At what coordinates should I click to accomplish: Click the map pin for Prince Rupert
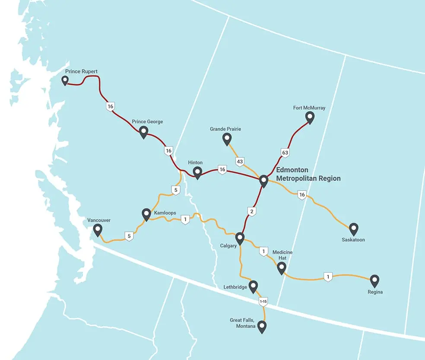[65, 80]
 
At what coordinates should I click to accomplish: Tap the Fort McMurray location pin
[310, 117]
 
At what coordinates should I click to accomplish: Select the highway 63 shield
[285, 153]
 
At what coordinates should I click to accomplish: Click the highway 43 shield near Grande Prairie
[240, 162]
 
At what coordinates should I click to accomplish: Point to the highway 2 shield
[252, 211]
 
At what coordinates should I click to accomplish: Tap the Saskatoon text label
[353, 240]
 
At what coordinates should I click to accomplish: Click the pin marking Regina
[374, 280]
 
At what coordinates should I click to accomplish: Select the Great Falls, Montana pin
[262, 327]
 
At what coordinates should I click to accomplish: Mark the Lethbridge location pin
[254, 286]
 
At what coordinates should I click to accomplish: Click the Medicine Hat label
[282, 255]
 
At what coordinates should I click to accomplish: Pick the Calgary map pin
[240, 238]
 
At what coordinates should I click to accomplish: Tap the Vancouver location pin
[98, 230]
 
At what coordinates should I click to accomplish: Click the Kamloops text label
[165, 213]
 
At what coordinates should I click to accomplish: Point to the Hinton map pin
[197, 172]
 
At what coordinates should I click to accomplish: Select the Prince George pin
[144, 132]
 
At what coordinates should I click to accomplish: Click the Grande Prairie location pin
[227, 139]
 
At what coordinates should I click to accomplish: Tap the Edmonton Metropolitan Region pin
[264, 181]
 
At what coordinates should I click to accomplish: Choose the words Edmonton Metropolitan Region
[308, 174]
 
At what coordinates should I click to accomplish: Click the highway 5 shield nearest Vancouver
[128, 236]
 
